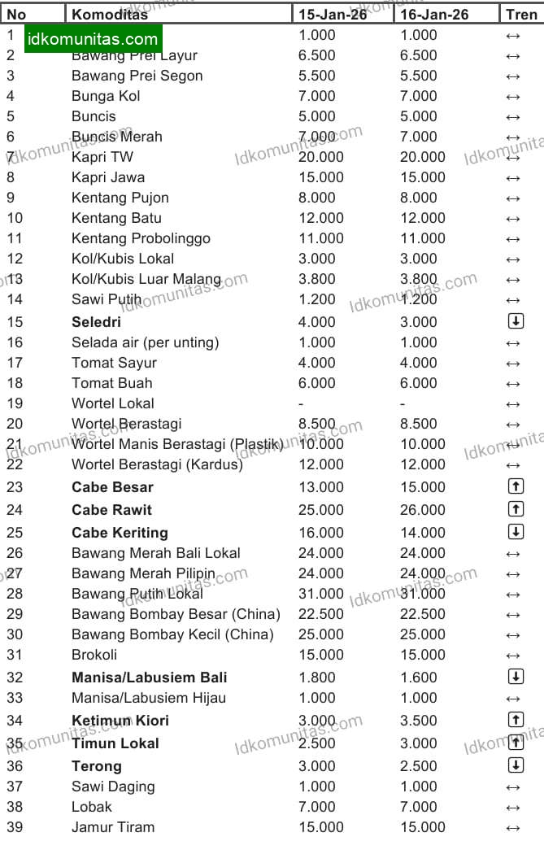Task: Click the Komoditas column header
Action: click(x=110, y=15)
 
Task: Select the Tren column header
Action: click(x=521, y=15)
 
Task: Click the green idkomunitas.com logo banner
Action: click(x=93, y=39)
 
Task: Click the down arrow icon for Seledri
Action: click(x=515, y=321)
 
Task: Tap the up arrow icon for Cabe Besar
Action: click(x=515, y=486)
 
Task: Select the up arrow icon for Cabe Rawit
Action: click(x=515, y=509)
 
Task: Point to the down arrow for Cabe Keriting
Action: click(x=515, y=532)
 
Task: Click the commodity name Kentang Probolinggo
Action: click(x=141, y=238)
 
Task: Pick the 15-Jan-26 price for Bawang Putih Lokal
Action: click(x=321, y=594)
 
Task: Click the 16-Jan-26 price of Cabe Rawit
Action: click(x=423, y=510)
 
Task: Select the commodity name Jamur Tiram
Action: click(x=113, y=827)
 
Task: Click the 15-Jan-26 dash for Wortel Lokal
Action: click(x=301, y=403)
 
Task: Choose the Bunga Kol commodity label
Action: click(x=106, y=96)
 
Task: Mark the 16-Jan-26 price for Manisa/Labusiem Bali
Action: click(x=419, y=678)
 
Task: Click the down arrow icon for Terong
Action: click(x=515, y=765)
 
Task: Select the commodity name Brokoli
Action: click(x=94, y=655)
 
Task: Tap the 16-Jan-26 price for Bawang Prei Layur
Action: click(x=419, y=55)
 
